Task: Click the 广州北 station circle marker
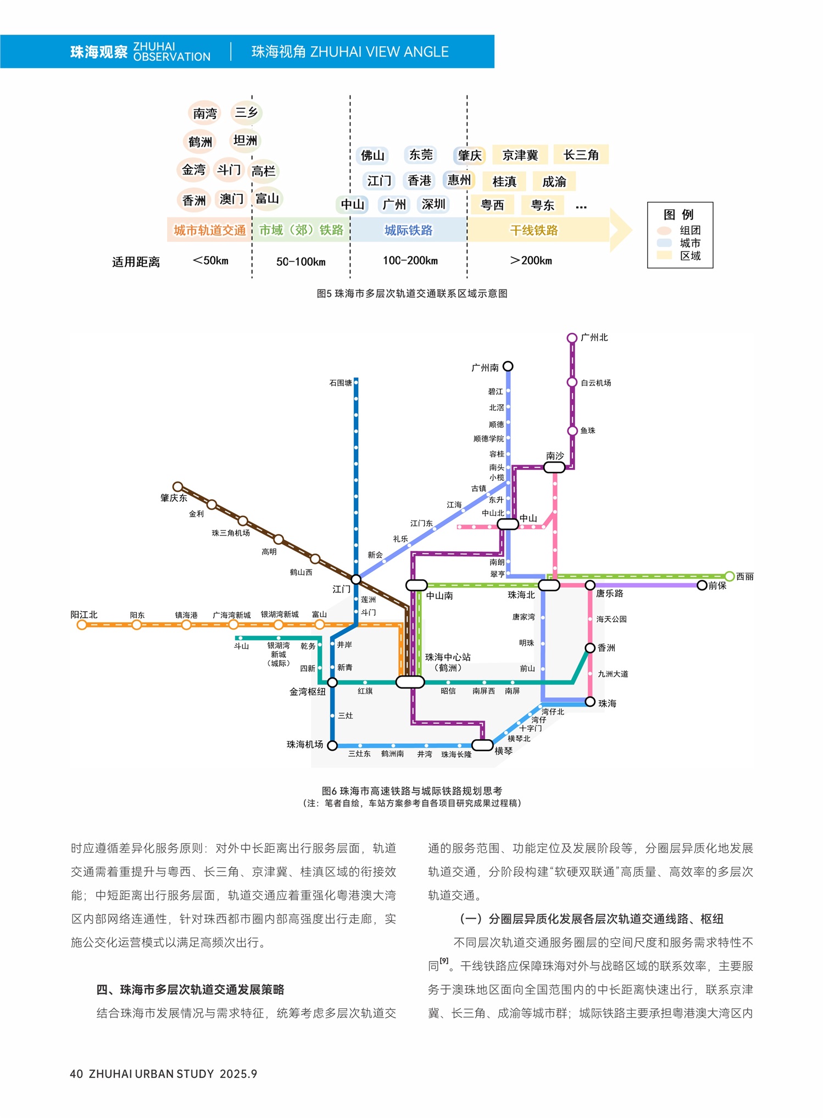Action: click(x=572, y=338)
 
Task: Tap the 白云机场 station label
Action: click(x=596, y=383)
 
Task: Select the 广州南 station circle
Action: click(x=508, y=366)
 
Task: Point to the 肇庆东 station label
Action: click(x=174, y=498)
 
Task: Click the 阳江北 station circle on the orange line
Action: click(x=82, y=625)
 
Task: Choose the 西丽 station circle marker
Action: click(x=730, y=576)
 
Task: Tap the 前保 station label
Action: click(x=717, y=586)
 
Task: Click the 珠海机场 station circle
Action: click(x=332, y=745)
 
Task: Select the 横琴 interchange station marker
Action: click(x=482, y=745)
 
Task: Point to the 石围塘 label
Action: click(x=341, y=383)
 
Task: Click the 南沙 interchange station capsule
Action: click(x=554, y=467)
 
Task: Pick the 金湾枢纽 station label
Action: click(x=307, y=692)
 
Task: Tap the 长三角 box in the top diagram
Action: click(x=581, y=155)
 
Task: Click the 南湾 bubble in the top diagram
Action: click(x=205, y=113)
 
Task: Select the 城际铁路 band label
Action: click(x=408, y=230)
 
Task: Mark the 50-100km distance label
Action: click(x=300, y=261)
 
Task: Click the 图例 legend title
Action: click(x=679, y=214)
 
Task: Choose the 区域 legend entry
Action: click(x=690, y=256)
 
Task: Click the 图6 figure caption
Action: click(x=411, y=791)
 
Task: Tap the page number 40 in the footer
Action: click(x=76, y=1074)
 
